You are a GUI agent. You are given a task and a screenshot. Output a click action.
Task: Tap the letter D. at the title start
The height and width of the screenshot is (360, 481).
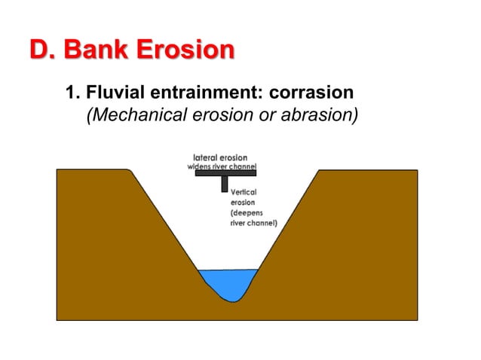coord(42,50)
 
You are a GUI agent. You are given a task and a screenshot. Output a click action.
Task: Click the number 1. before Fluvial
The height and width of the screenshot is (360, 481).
coord(72,93)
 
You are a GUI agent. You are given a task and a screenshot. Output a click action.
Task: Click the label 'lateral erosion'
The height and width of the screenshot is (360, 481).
coord(220,158)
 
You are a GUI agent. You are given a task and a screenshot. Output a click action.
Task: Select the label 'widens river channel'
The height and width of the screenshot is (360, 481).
coord(222,166)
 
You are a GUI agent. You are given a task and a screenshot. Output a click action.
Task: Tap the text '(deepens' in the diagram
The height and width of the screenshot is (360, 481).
coord(247,213)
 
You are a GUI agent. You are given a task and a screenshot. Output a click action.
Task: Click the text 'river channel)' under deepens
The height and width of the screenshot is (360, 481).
coord(253,224)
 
